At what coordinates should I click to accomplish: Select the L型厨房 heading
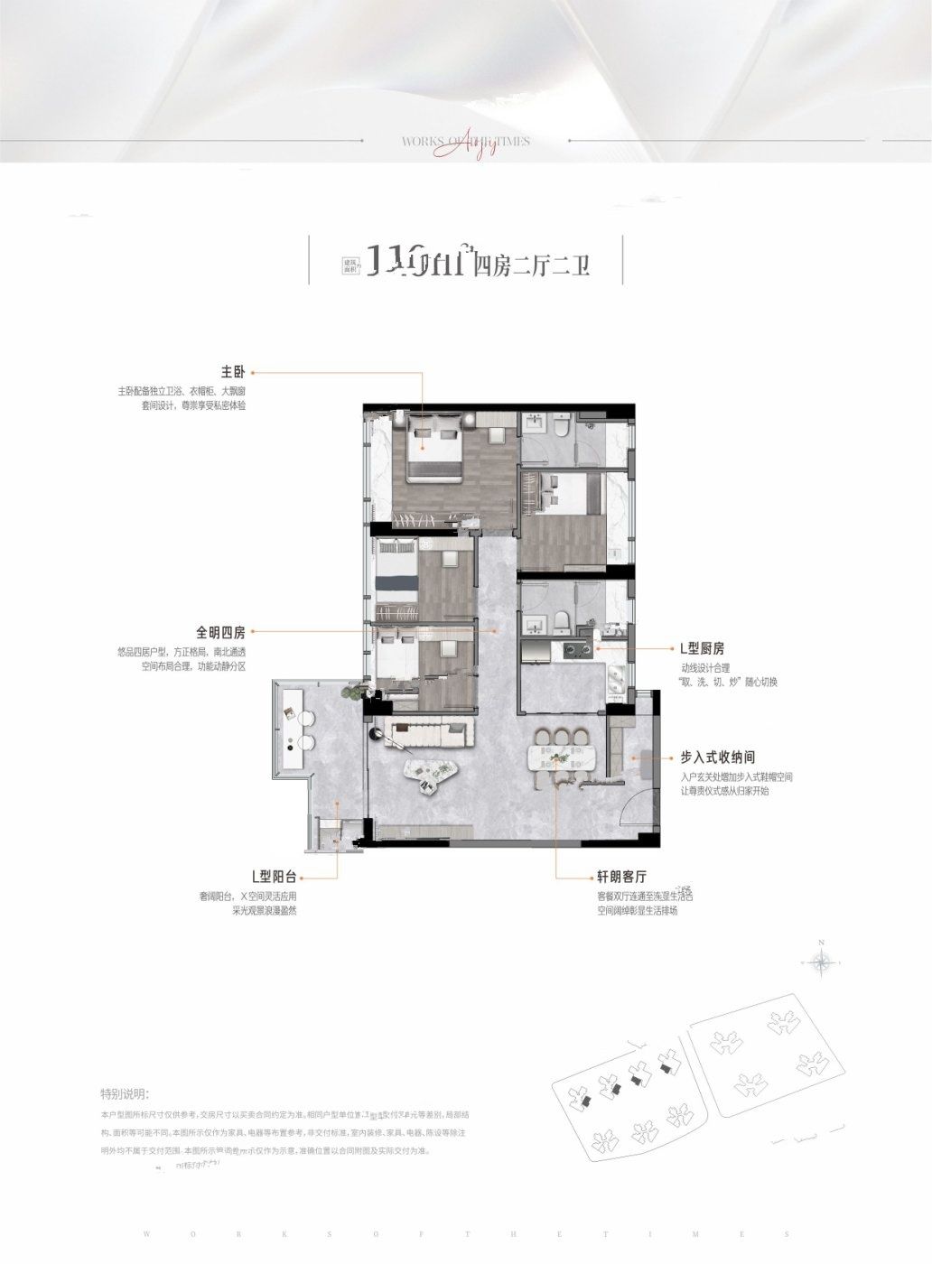pyautogui.click(x=703, y=648)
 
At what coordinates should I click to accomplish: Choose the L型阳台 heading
pyautogui.click(x=275, y=876)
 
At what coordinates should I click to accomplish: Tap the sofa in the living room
pyautogui.click(x=430, y=730)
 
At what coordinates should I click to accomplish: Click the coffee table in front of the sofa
pyautogui.click(x=432, y=773)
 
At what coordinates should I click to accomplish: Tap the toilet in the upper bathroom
pyautogui.click(x=562, y=426)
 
